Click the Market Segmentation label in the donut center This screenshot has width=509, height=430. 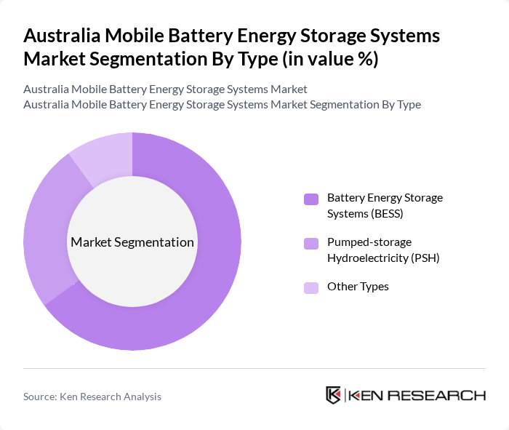pyautogui.click(x=132, y=242)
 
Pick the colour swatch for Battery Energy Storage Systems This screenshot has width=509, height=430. pyautogui.click(x=311, y=199)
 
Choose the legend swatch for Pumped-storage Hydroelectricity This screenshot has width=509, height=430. pyautogui.click(x=311, y=244)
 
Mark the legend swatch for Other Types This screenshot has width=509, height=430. pyautogui.click(x=311, y=287)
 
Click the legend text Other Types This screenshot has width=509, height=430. pyautogui.click(x=358, y=287)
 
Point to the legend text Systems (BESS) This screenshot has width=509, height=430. pyautogui.click(x=365, y=214)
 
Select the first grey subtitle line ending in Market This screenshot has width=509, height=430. pyautogui.click(x=165, y=89)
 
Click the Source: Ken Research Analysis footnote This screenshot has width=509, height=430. pyautogui.click(x=92, y=397)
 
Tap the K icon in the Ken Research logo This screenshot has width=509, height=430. pyautogui.click(x=334, y=395)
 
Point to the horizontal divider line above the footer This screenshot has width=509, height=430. pyautogui.click(x=254, y=368)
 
